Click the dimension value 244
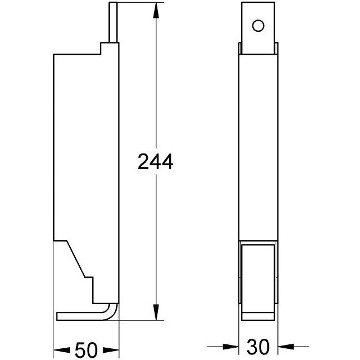pos(155,162)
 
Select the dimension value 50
pos(87,350)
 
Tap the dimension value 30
pos(258,347)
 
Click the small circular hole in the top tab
pos(258,26)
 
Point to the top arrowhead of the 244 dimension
pos(156,11)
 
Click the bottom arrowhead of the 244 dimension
pos(156,312)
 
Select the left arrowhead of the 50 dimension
pos(62,350)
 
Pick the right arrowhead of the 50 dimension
pos(111,350)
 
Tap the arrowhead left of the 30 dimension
pos(231,347)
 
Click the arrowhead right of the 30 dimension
pos(286,347)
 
